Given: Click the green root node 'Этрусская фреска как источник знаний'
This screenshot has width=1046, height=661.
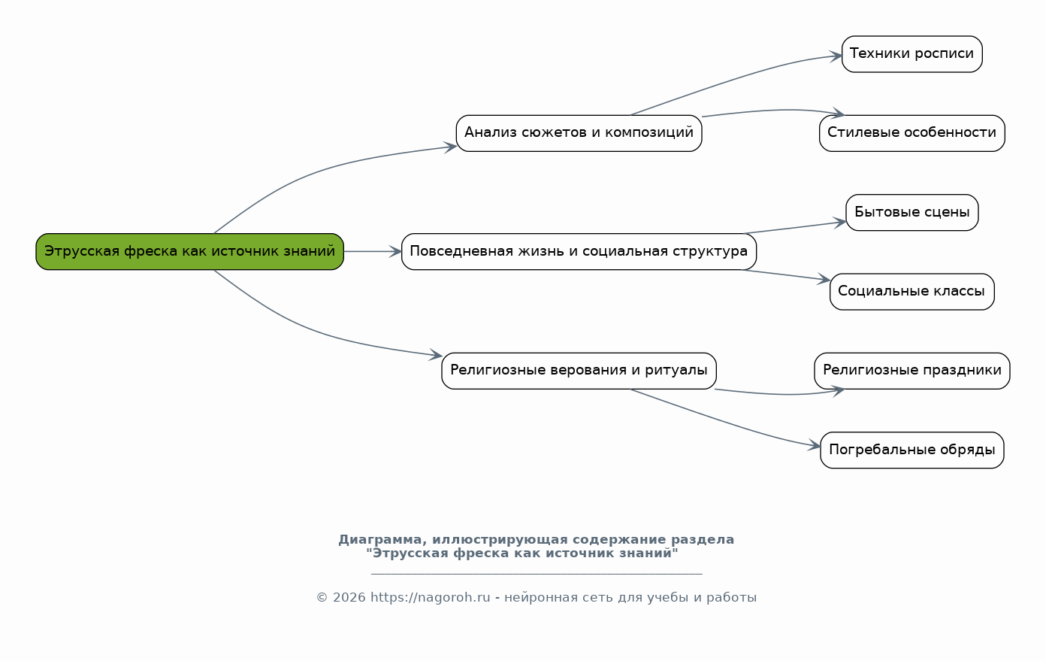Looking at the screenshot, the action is click(189, 251).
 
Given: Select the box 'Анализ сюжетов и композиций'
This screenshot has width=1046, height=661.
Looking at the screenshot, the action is click(579, 133).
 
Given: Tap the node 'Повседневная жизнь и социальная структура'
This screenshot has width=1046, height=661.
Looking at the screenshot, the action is click(579, 251).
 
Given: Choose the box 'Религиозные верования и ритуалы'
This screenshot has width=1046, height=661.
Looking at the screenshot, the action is click(579, 371).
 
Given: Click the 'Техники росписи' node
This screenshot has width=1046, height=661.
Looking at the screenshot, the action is click(912, 54).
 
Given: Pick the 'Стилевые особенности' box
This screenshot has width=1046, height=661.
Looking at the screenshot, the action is click(912, 133).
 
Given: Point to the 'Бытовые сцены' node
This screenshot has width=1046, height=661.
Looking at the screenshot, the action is click(912, 213).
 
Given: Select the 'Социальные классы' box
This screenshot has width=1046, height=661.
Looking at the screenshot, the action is click(912, 292).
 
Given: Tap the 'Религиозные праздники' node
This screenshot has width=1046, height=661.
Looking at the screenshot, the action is click(912, 371).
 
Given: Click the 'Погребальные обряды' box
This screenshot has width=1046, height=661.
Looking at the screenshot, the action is click(912, 450).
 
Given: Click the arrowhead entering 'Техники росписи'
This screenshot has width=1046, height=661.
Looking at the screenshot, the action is click(836, 56).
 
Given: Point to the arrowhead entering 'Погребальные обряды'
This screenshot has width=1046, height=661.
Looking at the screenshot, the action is click(815, 445).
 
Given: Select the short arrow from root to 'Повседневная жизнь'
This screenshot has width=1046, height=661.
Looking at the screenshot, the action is click(373, 251).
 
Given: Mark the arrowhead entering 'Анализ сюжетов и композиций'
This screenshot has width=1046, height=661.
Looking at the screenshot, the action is click(450, 147).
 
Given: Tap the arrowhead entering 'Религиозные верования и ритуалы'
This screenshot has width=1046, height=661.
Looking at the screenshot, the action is click(436, 355).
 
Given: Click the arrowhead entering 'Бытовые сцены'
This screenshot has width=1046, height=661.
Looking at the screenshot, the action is click(840, 223).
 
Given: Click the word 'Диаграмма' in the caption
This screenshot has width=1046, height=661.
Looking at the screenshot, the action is click(380, 540).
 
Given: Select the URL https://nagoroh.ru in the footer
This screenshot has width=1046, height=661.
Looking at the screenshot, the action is click(430, 597).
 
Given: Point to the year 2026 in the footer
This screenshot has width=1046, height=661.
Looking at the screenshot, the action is click(349, 597).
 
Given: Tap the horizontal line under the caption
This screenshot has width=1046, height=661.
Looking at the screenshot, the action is click(537, 573).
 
